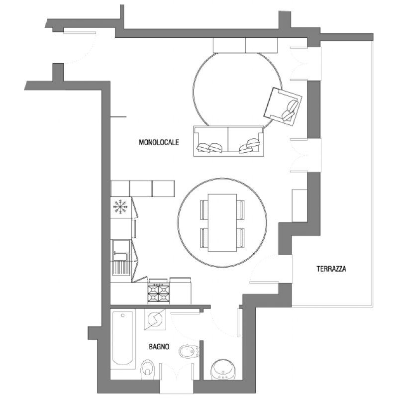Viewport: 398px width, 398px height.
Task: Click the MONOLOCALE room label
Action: (x=159, y=142)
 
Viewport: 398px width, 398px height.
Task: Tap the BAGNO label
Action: (x=159, y=347)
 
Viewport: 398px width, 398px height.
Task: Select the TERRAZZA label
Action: (x=331, y=269)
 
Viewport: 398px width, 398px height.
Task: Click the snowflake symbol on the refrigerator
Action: (x=120, y=206)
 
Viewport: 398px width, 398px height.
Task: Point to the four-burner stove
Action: (x=159, y=293)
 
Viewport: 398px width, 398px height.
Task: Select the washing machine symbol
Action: (x=155, y=319)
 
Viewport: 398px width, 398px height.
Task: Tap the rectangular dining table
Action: (x=222, y=223)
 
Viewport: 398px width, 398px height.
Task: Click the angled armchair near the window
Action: (x=283, y=106)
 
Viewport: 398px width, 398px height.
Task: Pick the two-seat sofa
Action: (x=228, y=141)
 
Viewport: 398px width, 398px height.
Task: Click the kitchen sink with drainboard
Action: (x=121, y=258)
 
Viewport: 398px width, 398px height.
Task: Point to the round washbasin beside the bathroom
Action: (x=223, y=370)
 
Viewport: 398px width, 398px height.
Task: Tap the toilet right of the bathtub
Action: (x=147, y=368)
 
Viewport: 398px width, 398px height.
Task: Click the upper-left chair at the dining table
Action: (x=204, y=209)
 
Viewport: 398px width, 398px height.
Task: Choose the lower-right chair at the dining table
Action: (x=241, y=238)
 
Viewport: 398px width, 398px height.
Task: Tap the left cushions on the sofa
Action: (x=210, y=147)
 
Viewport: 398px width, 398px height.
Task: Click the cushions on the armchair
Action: (x=290, y=110)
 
